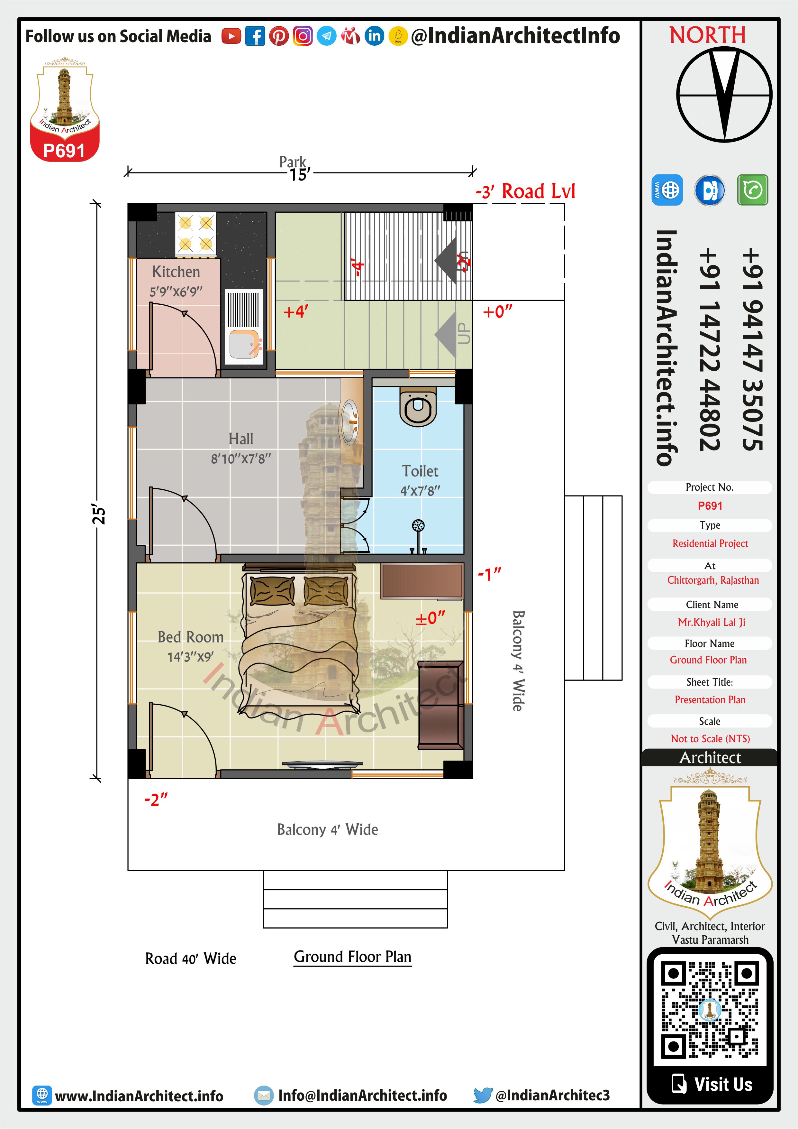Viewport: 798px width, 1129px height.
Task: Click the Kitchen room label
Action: pyautogui.click(x=176, y=272)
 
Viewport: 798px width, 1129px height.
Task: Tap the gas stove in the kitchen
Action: pyautogui.click(x=195, y=234)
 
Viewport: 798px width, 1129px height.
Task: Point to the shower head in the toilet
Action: pyautogui.click(x=418, y=526)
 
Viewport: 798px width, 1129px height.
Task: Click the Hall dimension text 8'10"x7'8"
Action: pyautogui.click(x=241, y=459)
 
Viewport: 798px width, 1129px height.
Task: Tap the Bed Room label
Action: pyautogui.click(x=191, y=637)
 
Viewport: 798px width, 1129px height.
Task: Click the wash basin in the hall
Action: pyautogui.click(x=350, y=421)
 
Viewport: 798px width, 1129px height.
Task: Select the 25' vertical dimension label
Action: pyautogui.click(x=99, y=514)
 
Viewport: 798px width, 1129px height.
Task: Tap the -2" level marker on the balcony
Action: pyautogui.click(x=156, y=800)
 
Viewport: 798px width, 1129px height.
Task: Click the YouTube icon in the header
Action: pyautogui.click(x=231, y=36)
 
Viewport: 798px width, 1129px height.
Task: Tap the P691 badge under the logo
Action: pyautogui.click(x=64, y=151)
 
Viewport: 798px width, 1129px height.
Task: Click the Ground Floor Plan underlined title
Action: pyautogui.click(x=352, y=957)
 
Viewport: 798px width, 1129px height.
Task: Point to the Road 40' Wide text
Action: pyautogui.click(x=191, y=958)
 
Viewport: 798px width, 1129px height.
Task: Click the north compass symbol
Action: pyautogui.click(x=724, y=94)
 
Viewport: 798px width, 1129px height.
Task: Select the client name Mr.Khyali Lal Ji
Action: pyautogui.click(x=712, y=622)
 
